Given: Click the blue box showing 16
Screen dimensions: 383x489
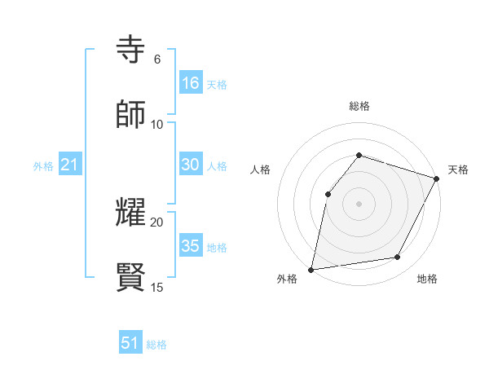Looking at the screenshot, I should point(191,82).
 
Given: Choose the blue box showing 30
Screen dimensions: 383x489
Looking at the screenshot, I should point(191,165).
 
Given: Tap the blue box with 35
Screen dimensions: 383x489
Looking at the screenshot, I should point(191,246).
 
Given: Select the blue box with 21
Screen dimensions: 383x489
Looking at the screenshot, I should point(70,165).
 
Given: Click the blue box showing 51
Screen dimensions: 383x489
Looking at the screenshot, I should point(130,343).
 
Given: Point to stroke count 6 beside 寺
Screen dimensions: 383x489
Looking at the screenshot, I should point(157,59).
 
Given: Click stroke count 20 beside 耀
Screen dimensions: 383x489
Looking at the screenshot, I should point(157,222).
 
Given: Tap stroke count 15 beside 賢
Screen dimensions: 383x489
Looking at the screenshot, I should point(157,287).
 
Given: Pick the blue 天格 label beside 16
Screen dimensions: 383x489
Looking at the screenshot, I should point(217,84).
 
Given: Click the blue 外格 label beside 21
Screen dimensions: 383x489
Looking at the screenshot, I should point(43,166).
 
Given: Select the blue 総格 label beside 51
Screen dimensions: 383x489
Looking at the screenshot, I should point(156,345).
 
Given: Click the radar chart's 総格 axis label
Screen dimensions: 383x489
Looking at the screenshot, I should point(359,106).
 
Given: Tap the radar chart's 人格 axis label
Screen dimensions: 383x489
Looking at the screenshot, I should point(260,169).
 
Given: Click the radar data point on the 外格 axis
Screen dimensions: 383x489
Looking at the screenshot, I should point(311,269).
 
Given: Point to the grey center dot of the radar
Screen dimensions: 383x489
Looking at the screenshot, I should point(359,203).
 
